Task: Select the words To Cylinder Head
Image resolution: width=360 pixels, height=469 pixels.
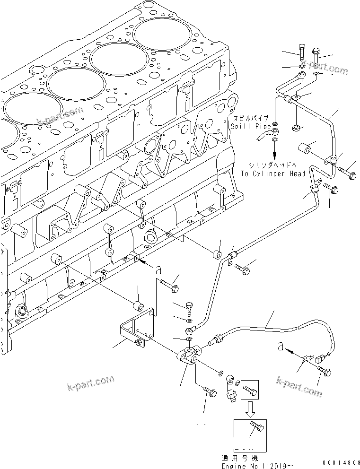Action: pyautogui.click(x=272, y=174)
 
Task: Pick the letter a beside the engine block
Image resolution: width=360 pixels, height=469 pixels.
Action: pyautogui.click(x=158, y=269)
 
